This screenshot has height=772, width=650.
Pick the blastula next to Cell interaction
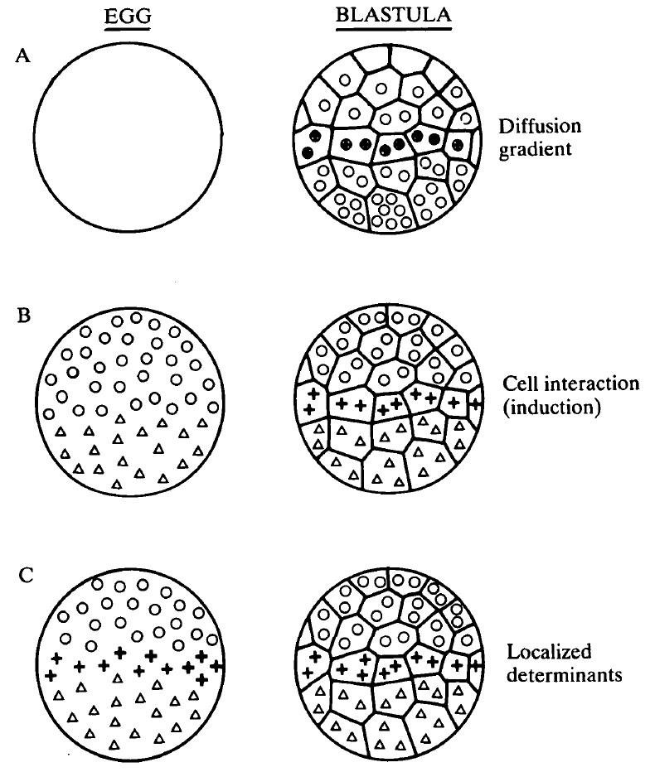[388, 402]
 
